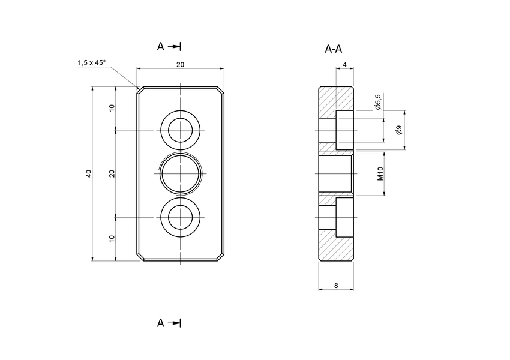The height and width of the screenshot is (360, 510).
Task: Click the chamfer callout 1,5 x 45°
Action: click(91, 63)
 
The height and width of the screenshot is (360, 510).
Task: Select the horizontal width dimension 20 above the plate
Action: click(180, 64)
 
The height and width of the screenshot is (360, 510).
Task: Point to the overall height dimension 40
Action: click(88, 173)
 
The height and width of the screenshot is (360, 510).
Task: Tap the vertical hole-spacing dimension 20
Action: click(112, 173)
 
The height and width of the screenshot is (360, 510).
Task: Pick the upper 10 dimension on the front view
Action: click(112, 108)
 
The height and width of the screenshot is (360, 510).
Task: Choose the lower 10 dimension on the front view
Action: click(112, 238)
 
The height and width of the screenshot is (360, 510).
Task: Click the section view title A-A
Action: click(334, 49)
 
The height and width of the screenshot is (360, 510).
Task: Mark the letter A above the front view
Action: click(160, 46)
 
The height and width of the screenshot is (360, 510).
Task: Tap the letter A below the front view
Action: click(160, 323)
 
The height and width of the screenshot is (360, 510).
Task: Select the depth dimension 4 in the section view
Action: click(344, 64)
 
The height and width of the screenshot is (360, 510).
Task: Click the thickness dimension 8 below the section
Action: click(335, 286)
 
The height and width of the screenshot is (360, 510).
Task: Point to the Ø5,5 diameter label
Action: click(378, 102)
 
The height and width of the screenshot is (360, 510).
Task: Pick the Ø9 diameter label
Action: click(400, 130)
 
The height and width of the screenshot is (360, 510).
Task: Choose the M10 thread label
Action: click(380, 174)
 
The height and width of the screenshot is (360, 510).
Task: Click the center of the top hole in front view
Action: click(180, 130)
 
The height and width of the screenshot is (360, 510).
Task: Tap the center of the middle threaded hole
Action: click(180, 173)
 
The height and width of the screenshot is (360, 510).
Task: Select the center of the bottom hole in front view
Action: click(180, 217)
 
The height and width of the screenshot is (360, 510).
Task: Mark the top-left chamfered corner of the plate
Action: click(139, 89)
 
